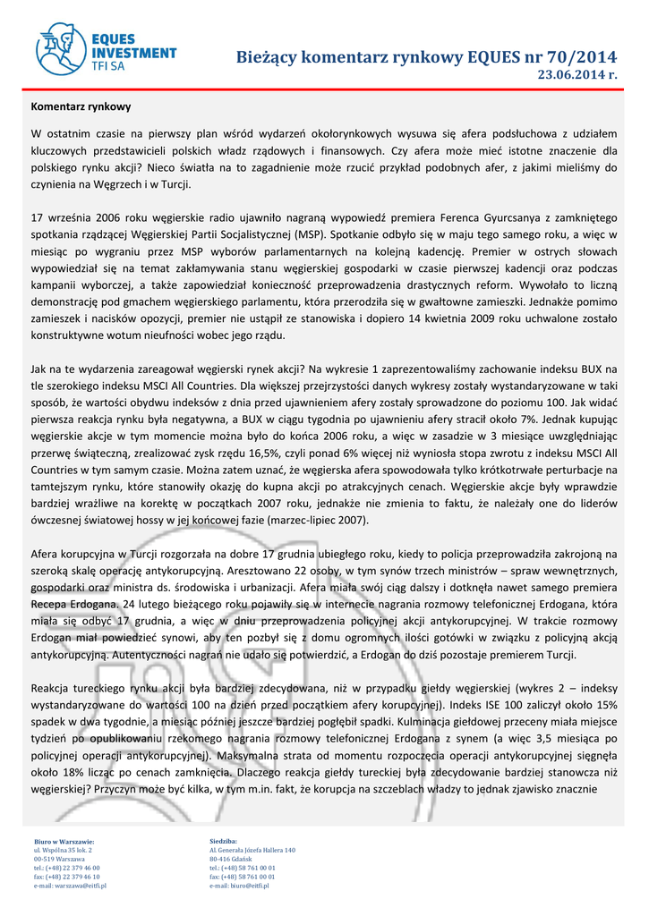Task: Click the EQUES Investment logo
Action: click(x=106, y=48)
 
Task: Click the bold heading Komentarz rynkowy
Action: click(x=81, y=106)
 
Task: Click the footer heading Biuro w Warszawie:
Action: click(x=64, y=842)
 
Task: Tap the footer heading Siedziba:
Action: click(x=224, y=842)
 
